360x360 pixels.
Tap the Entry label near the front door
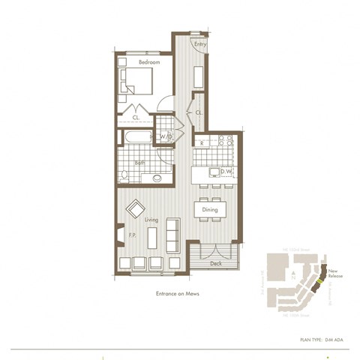[x=199, y=45]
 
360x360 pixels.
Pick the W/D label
[x=166, y=136]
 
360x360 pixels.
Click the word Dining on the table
[x=210, y=210]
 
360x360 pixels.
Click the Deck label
[x=215, y=263]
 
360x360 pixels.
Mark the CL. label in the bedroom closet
[x=136, y=118]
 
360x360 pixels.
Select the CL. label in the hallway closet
[x=199, y=112]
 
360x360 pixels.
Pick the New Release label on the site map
[x=335, y=274]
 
